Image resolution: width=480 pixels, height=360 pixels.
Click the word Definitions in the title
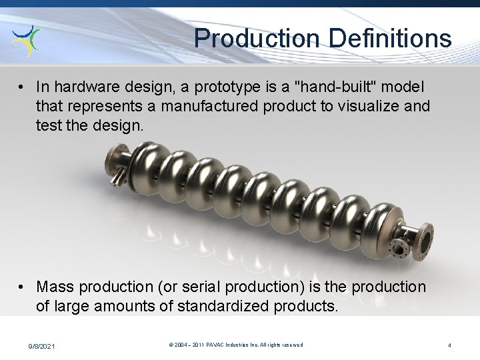point(387,39)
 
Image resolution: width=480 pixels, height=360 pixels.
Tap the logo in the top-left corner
point(27,41)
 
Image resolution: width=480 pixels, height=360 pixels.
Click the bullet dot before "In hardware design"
point(23,87)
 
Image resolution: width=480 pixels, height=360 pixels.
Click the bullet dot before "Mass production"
point(23,287)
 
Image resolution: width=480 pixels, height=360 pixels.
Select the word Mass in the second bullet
point(55,287)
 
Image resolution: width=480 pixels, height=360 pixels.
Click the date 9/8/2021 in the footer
point(41,345)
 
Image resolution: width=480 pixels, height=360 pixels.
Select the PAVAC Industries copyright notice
point(235,345)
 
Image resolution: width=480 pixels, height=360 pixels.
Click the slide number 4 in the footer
point(449,345)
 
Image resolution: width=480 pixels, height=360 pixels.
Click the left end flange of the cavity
point(112,164)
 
